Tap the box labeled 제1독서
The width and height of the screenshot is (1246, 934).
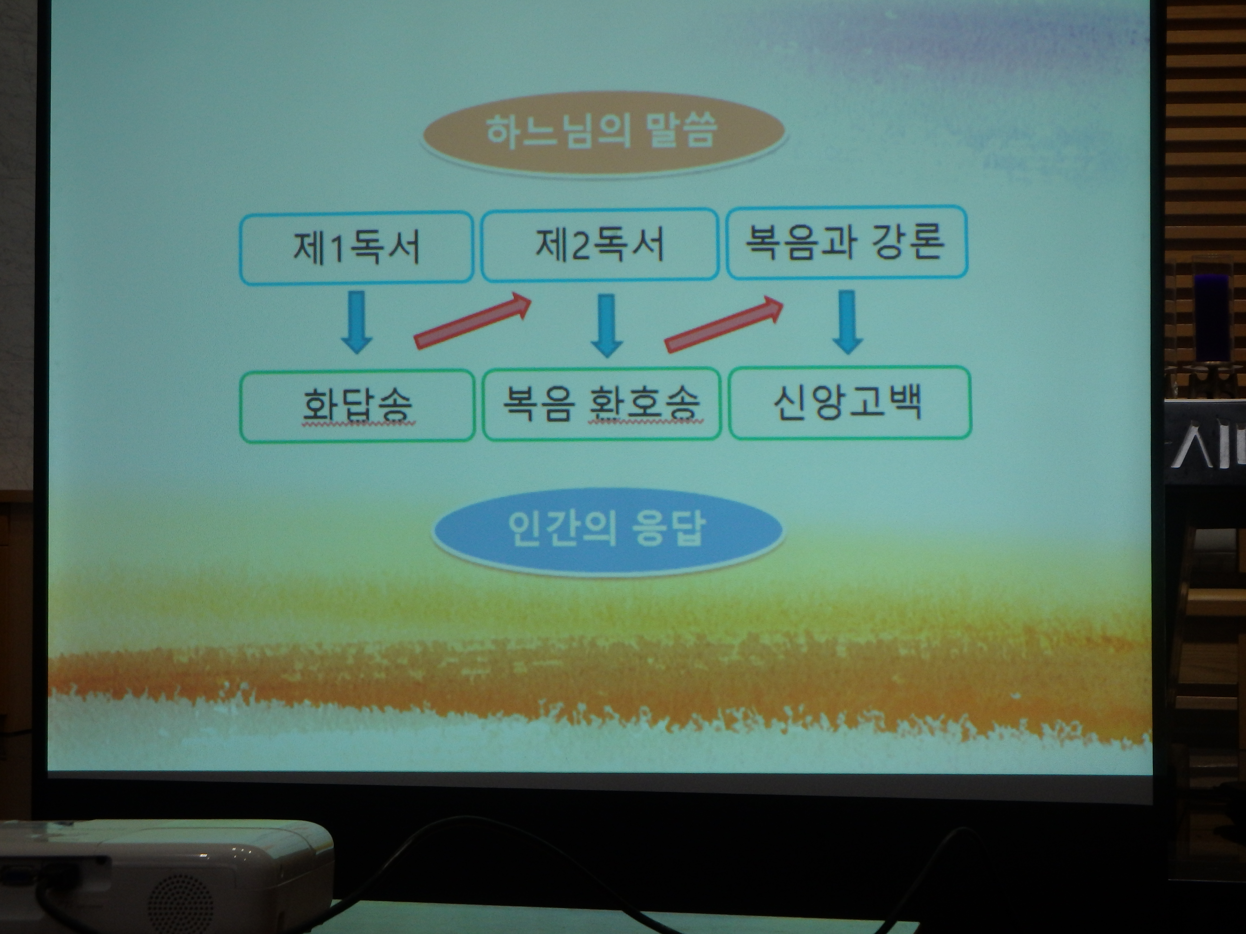point(356,248)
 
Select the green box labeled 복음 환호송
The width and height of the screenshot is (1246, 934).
point(602,404)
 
